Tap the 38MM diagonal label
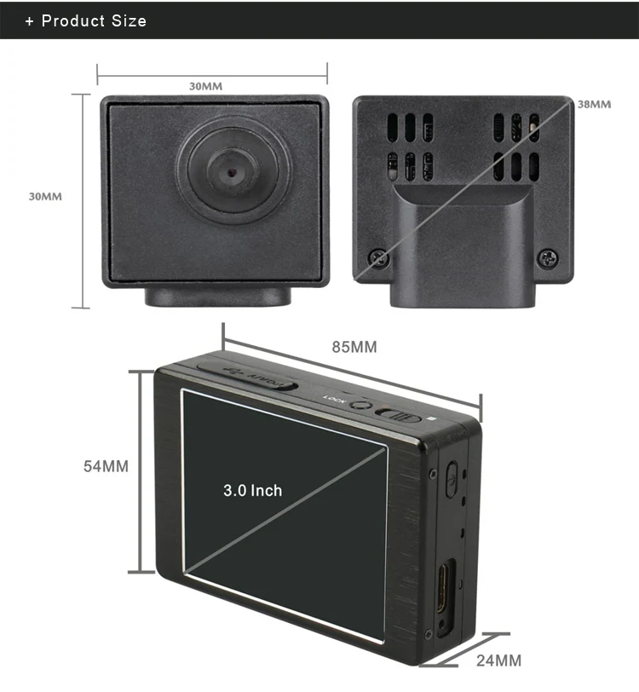[x=594, y=104]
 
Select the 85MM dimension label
[x=354, y=347]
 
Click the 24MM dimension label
[x=498, y=660]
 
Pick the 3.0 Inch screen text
[x=252, y=490]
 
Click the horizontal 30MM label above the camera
[x=205, y=86]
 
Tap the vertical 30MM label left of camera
[x=45, y=196]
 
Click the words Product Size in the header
[x=94, y=20]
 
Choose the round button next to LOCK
[x=360, y=405]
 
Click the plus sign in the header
[x=30, y=20]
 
